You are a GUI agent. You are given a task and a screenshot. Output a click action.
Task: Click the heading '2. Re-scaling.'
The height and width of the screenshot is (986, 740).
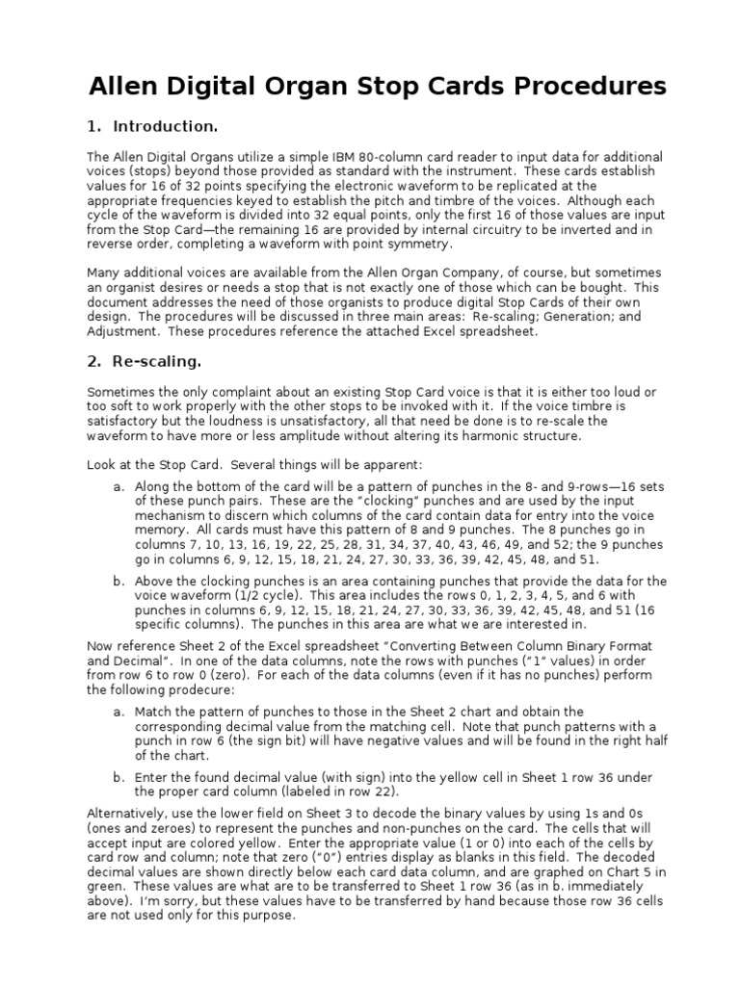click(145, 363)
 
